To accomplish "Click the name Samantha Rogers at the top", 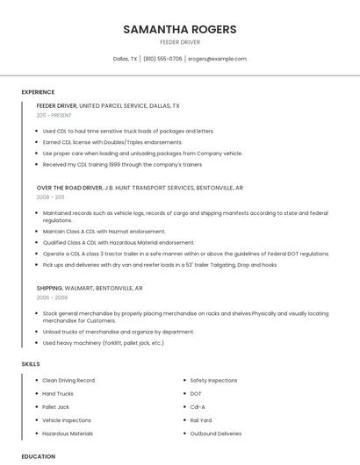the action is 180,29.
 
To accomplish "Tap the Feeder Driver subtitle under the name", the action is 180,41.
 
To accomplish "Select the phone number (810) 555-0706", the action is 162,59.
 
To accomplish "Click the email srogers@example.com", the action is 217,59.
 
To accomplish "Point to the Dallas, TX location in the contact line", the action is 126,59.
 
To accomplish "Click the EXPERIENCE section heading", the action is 38,92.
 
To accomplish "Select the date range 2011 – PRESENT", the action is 54,115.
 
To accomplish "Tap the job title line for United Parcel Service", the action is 108,105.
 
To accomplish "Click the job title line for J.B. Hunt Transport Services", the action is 140,188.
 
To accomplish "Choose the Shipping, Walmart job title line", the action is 89,288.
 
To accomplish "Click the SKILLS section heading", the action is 31,363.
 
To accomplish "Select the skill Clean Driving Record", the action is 68,381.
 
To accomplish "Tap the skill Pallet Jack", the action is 56,407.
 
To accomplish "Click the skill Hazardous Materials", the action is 68,433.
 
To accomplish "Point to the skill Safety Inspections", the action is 213,381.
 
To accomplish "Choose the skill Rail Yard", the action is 201,420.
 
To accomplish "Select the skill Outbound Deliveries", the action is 215,433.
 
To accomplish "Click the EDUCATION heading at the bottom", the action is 38,456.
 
